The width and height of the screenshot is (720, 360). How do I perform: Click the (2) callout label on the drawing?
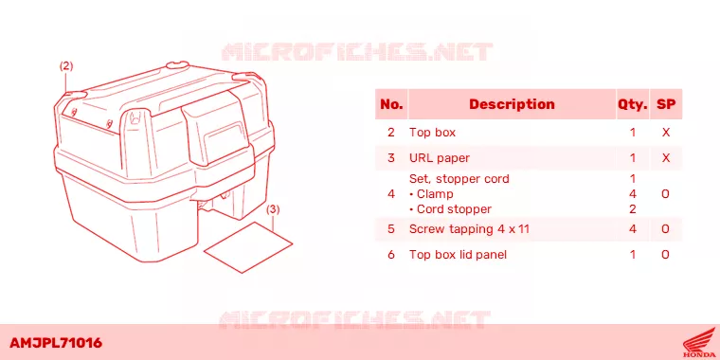click(66, 66)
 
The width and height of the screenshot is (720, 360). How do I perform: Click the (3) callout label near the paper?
click(273, 209)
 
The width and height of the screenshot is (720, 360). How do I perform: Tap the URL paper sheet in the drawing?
click(248, 247)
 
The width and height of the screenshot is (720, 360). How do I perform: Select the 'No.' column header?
click(391, 104)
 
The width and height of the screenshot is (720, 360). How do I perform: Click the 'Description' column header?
click(512, 104)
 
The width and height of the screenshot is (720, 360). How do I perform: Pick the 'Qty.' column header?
click(632, 105)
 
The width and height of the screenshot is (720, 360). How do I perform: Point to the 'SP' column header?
click(666, 104)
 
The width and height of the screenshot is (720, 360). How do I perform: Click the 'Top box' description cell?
click(432, 133)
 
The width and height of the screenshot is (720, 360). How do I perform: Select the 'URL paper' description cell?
click(440, 158)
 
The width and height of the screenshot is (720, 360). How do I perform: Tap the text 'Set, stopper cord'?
click(459, 179)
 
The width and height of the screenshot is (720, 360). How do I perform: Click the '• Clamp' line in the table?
click(431, 194)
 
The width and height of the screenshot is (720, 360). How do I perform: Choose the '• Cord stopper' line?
click(450, 209)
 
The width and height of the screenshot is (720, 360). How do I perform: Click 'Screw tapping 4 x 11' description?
click(469, 228)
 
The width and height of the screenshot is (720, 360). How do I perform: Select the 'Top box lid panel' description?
click(458, 255)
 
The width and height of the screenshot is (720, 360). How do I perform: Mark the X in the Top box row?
click(666, 133)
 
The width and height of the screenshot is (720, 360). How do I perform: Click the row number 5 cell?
click(391, 228)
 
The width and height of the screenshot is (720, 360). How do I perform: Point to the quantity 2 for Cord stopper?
click(632, 209)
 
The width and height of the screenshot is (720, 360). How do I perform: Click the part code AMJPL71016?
click(56, 343)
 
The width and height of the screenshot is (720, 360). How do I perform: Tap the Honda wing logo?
click(698, 343)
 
